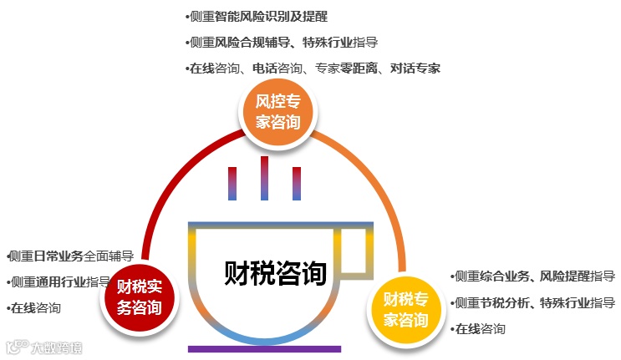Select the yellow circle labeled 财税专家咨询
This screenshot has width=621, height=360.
[x=405, y=309]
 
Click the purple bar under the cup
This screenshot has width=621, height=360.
[x=264, y=348]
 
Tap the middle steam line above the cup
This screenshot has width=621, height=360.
[x=264, y=178]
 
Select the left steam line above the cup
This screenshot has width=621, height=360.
[x=232, y=183]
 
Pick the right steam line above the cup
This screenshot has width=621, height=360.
[x=296, y=183]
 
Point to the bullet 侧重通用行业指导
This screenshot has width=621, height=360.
[x=59, y=281]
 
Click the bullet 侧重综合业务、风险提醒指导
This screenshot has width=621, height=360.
[x=533, y=276]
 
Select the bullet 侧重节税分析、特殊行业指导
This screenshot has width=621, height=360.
[x=533, y=302]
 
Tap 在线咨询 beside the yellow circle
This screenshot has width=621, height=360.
[x=479, y=328]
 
